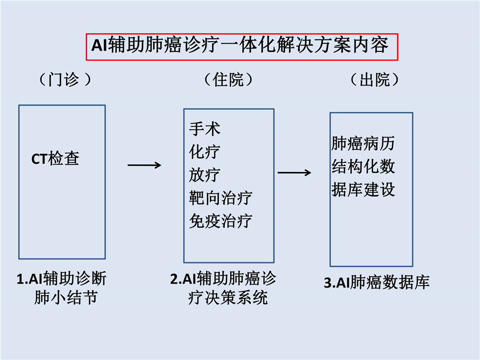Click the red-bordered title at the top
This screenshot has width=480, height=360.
point(242,47)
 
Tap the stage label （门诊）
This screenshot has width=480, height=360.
point(65,80)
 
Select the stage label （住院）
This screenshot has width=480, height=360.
point(228,80)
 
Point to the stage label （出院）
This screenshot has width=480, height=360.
point(375,80)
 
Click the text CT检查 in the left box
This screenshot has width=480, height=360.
point(55,159)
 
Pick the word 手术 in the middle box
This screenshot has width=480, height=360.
point(205,128)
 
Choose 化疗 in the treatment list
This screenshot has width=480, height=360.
point(205,152)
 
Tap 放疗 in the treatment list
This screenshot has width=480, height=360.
point(205,175)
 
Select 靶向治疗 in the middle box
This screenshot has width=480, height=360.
point(220,198)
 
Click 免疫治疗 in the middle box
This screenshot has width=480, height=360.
point(220,221)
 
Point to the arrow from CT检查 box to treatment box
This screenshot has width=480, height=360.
point(144,166)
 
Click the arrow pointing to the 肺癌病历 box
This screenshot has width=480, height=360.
point(294,173)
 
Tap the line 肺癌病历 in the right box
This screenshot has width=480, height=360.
point(363,144)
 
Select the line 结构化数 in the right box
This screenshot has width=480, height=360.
point(363,167)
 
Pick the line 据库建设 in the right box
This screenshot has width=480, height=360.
point(363,190)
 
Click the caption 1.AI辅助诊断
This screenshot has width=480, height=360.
point(62,279)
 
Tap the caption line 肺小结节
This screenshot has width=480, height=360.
point(66,298)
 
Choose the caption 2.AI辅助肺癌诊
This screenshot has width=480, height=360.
point(223,279)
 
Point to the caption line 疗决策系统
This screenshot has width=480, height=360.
point(228,298)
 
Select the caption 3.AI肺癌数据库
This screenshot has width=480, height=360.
point(377,282)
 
